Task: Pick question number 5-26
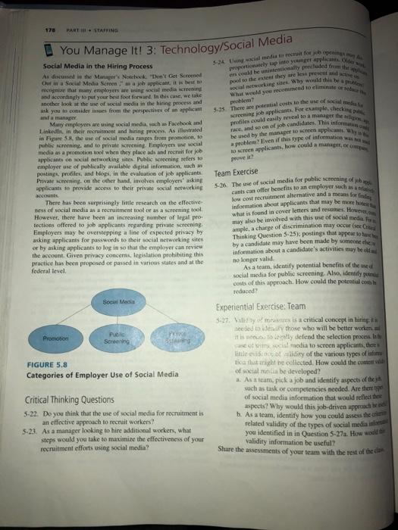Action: (223, 185)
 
